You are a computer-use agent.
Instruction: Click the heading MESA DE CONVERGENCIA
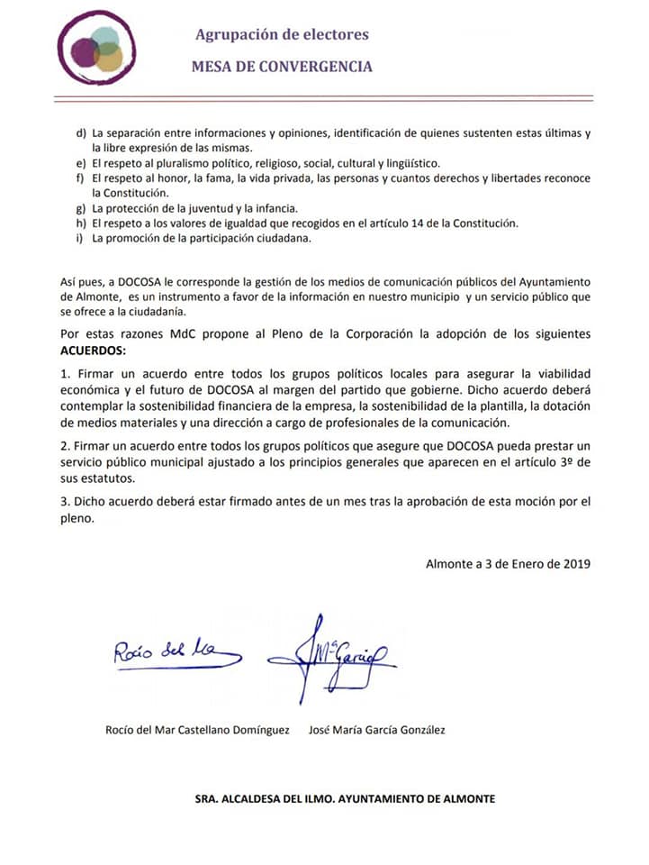click(x=282, y=66)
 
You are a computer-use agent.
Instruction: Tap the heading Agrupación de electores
click(x=282, y=34)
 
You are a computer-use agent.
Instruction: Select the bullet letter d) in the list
click(x=82, y=134)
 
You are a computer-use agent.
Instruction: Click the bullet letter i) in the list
click(x=81, y=238)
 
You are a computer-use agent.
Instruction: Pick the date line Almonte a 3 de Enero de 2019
click(x=508, y=564)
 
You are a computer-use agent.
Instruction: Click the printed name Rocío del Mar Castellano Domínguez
click(x=197, y=730)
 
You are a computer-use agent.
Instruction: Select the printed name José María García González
click(x=376, y=730)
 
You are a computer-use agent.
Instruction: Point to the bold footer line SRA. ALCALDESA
click(x=345, y=798)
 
